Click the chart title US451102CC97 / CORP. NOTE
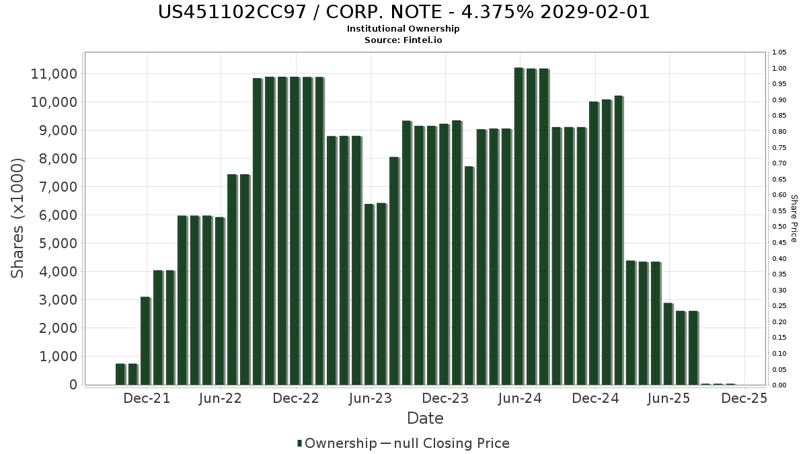403,12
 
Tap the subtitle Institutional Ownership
403,29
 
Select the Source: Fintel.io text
403,40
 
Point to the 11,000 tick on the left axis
54,73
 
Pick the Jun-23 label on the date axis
369,398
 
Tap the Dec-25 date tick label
743,398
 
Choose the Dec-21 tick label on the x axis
147,398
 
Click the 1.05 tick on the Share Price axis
780,52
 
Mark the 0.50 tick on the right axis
780,227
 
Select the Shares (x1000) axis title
18,218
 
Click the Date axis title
425,418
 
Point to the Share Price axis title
794,218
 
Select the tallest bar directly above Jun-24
518,226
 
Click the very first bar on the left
120,374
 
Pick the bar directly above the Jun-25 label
667,344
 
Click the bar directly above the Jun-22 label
219,301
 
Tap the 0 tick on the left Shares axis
73,385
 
